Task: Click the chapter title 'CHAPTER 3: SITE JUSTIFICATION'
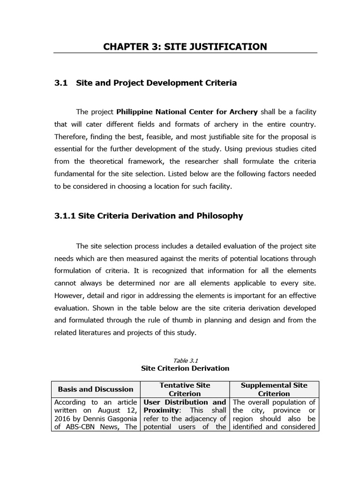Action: click(x=185, y=46)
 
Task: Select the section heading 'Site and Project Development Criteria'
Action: click(x=156, y=83)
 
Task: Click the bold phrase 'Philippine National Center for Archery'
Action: click(x=187, y=112)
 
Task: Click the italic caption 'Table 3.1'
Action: click(x=186, y=360)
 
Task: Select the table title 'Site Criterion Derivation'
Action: click(x=185, y=368)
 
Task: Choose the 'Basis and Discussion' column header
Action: click(x=96, y=389)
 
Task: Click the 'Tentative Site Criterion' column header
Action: click(x=185, y=389)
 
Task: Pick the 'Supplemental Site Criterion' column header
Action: click(x=274, y=389)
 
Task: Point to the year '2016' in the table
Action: click(x=62, y=419)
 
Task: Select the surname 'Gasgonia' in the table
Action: click(x=121, y=419)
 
